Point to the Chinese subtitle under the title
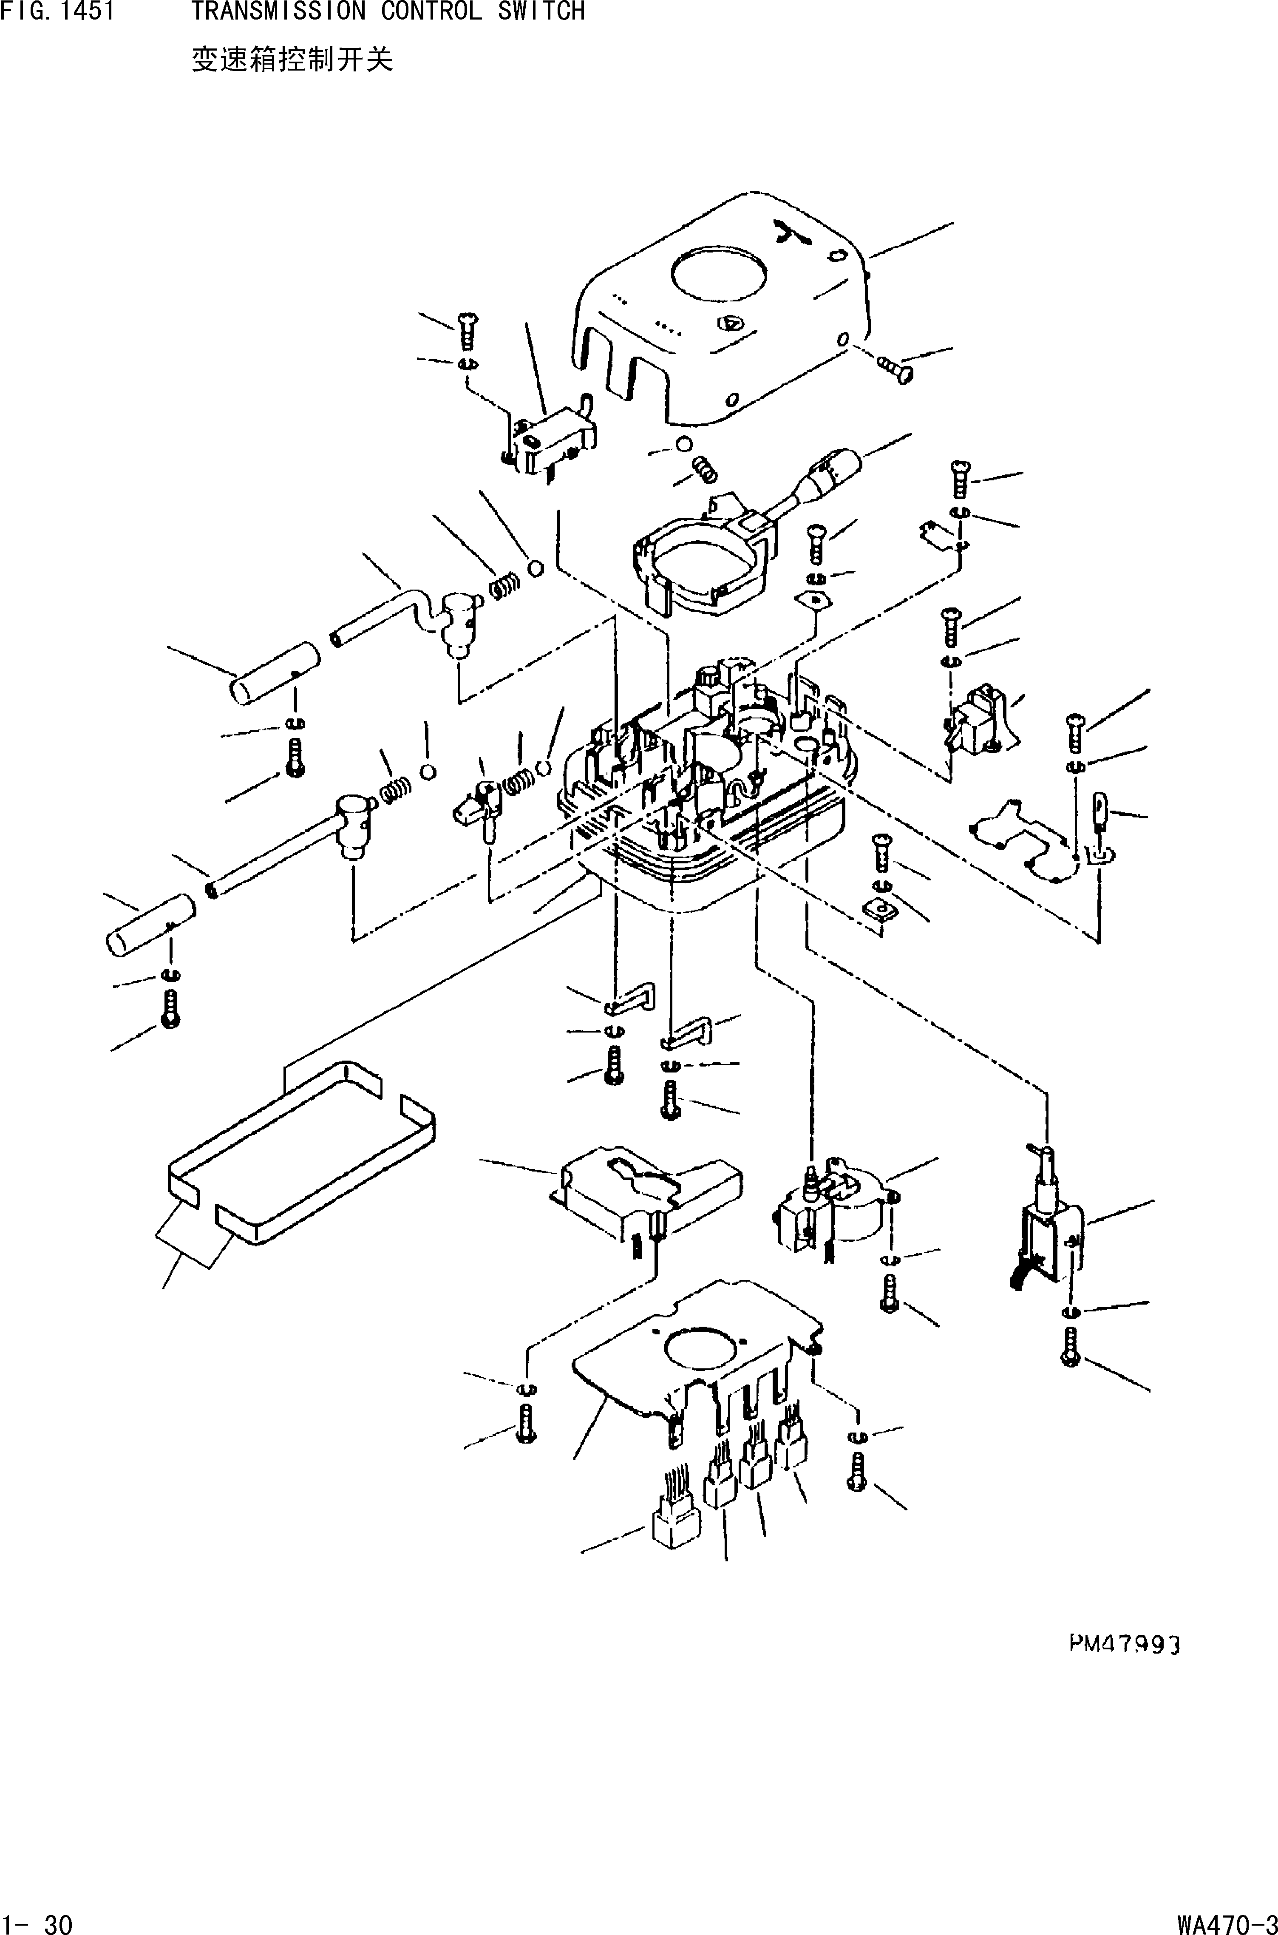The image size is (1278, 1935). (x=292, y=60)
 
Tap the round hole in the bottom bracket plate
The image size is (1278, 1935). (x=703, y=1348)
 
